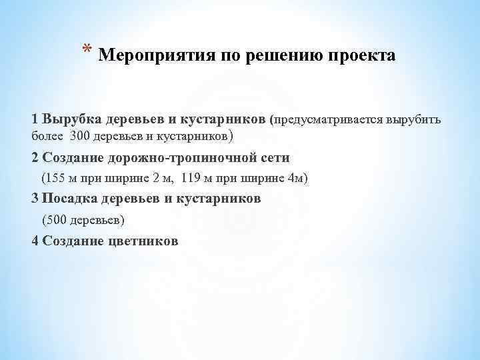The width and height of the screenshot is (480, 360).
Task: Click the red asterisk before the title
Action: click(86, 49)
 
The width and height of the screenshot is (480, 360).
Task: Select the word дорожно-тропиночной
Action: click(183, 157)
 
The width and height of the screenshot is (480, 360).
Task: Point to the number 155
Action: click(55, 179)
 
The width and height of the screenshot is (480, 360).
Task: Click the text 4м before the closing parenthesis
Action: click(296, 179)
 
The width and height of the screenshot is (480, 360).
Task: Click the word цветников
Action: click(143, 241)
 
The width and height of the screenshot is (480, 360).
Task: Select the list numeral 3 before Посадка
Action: click(35, 199)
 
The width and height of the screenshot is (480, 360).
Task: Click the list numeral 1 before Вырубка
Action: click(35, 119)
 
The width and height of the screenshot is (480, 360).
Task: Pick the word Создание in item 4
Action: click(72, 241)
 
